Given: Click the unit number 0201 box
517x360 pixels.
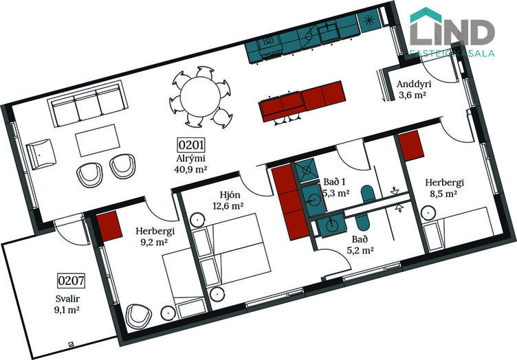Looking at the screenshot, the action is pyautogui.click(x=191, y=145).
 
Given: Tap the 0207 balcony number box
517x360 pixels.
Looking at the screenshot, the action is pyautogui.click(x=71, y=280).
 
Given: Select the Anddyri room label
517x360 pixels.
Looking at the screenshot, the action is pyautogui.click(x=414, y=84).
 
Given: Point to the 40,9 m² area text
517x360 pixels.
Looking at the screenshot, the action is pyautogui.click(x=190, y=169).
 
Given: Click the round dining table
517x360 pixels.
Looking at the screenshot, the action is pyautogui.click(x=201, y=97).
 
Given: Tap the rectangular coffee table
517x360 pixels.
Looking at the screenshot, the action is pyautogui.click(x=98, y=140).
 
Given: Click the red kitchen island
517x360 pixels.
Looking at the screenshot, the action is pyautogui.click(x=302, y=101).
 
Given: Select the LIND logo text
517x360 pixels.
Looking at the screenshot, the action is pyautogui.click(x=452, y=32).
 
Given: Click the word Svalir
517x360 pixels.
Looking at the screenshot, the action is pyautogui.click(x=67, y=299).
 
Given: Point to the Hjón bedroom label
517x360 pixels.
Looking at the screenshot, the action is pyautogui.click(x=230, y=195).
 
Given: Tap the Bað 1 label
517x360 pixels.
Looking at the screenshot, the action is pyautogui.click(x=334, y=182).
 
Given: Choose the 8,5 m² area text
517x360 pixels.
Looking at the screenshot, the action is pyautogui.click(x=443, y=194).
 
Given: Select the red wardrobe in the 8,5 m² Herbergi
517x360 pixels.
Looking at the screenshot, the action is pyautogui.click(x=410, y=146).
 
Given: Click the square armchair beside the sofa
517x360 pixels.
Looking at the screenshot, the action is pyautogui.click(x=41, y=154).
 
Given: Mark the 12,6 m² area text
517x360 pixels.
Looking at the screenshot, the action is pyautogui.click(x=228, y=207).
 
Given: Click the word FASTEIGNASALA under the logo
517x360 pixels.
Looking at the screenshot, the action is pyautogui.click(x=452, y=53).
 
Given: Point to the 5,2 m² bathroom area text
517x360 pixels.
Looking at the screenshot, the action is pyautogui.click(x=360, y=251).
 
